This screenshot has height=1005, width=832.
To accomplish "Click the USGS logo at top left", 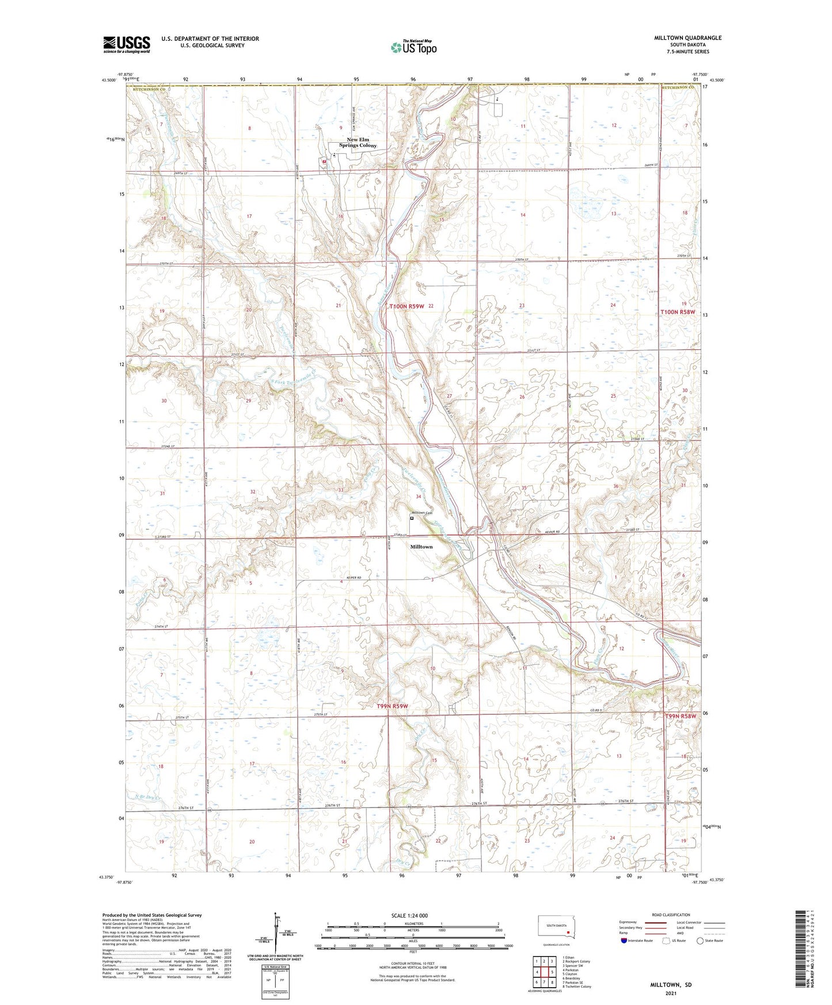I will coord(127,44).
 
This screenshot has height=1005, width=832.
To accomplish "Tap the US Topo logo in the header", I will coord(413,48).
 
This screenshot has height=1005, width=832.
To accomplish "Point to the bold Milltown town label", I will coord(421,547).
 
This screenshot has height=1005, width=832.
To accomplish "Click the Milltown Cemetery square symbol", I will coord(412,518).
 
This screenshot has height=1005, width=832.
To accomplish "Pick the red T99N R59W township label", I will coord(392,706).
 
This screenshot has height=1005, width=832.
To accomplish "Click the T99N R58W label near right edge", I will coord(680,716).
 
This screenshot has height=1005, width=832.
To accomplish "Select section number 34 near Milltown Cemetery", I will coord(419,496).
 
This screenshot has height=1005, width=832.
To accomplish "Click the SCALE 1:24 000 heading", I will coord(409,916).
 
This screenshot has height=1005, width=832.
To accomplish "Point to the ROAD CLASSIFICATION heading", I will coord(671,915).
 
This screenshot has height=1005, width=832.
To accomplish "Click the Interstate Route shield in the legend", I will coord(624,941).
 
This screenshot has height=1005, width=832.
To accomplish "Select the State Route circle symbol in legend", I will coord(700,941).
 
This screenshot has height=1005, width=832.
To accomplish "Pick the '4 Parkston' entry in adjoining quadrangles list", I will coord(571,970).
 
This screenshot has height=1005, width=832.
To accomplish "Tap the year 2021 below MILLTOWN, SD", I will coord(671,993).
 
